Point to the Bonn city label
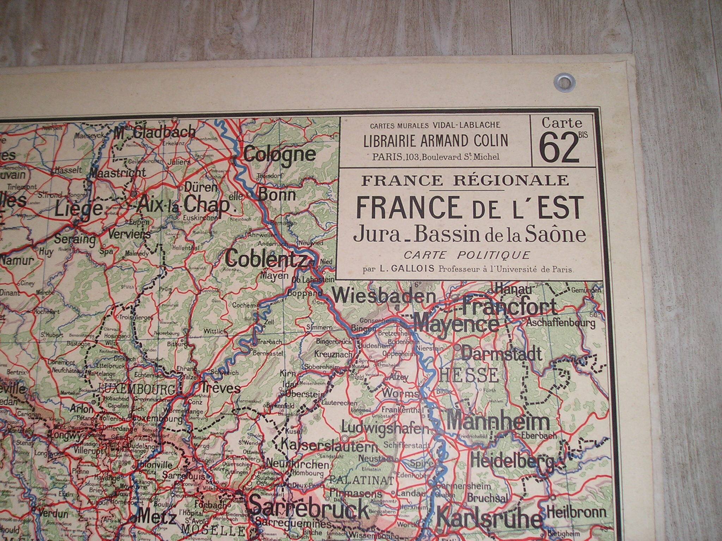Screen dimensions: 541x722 [277, 194]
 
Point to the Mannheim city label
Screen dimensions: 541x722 [498, 423]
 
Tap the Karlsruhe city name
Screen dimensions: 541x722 [489, 519]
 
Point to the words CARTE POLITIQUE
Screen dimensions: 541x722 [467, 255]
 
